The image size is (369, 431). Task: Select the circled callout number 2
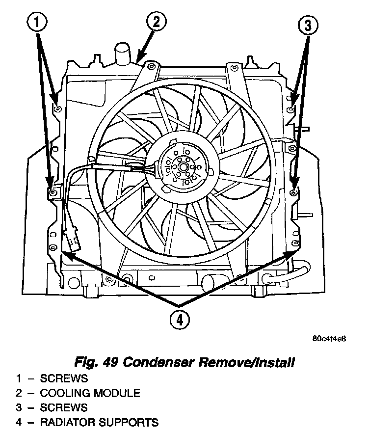click(x=156, y=23)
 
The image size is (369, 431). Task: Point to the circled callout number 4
click(x=179, y=320)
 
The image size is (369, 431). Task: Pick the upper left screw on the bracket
click(x=57, y=108)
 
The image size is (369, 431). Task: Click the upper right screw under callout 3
click(x=291, y=108)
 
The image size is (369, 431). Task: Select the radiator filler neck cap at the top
click(x=122, y=51)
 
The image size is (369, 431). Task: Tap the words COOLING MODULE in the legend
click(x=90, y=393)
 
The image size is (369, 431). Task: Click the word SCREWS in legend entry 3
click(x=64, y=408)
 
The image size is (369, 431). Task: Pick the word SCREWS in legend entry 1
click(x=64, y=378)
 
